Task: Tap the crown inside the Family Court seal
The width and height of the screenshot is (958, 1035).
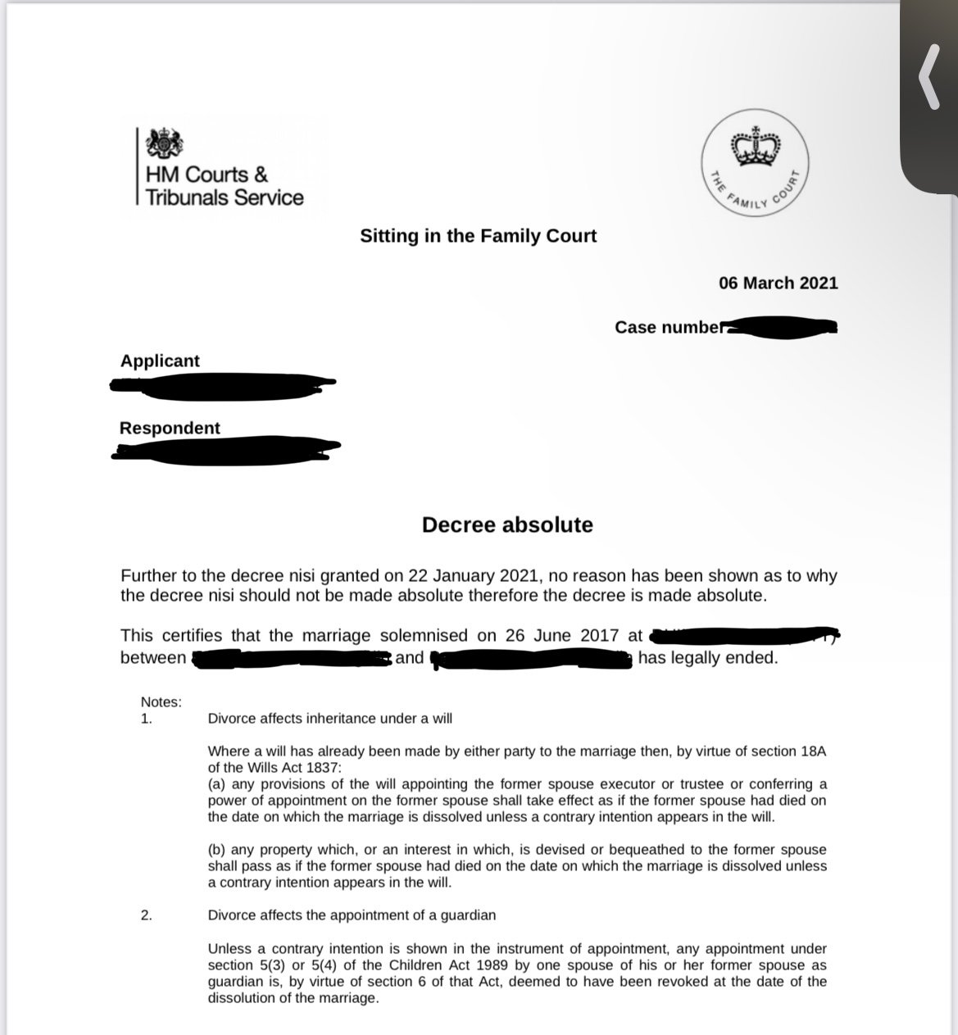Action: (x=756, y=147)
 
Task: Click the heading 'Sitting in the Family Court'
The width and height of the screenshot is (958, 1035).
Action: (x=479, y=236)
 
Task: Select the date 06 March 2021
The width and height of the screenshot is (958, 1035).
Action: (x=779, y=283)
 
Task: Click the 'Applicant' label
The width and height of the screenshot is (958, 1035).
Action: (x=160, y=361)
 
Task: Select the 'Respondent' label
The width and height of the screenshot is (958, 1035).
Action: (x=170, y=428)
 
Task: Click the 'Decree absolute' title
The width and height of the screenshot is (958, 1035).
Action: (x=507, y=524)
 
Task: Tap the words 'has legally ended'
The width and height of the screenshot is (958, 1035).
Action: (x=707, y=657)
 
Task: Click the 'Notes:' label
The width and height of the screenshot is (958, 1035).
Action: (x=161, y=701)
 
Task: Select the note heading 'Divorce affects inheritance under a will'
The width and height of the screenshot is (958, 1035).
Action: (x=330, y=719)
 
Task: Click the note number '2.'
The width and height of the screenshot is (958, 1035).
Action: (x=146, y=915)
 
